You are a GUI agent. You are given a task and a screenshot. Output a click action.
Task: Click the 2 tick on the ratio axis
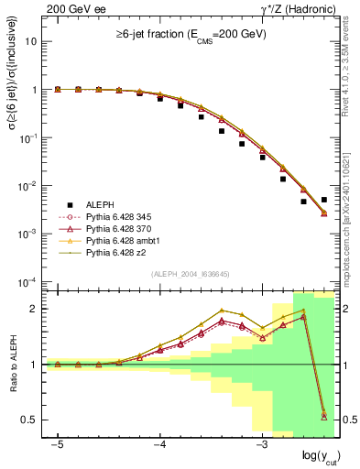pos(37,309)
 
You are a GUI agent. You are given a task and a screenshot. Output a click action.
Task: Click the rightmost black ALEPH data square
pos(323,199)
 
